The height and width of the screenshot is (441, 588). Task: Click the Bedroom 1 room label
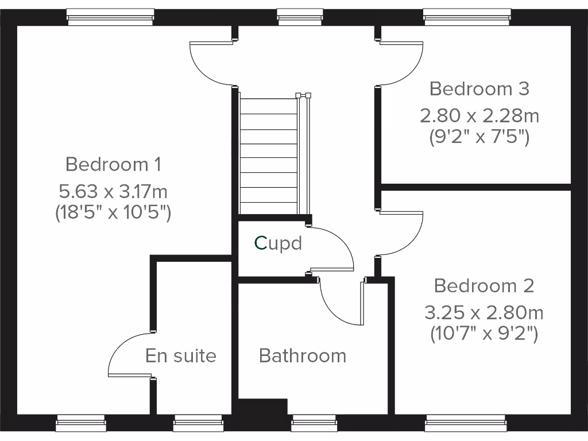coord(113,164)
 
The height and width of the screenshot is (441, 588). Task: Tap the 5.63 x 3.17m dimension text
coord(113,190)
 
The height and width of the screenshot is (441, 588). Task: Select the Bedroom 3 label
coord(479,89)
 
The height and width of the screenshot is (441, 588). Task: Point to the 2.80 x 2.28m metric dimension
coord(479,116)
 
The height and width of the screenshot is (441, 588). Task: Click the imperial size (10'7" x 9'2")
coord(483,334)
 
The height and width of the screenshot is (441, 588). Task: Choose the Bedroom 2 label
coord(483,285)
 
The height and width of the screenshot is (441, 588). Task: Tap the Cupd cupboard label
coord(278,243)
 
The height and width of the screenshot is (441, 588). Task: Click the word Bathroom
coord(303,356)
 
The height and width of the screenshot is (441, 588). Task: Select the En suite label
coord(180,356)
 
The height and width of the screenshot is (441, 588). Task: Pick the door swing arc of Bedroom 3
coord(405,63)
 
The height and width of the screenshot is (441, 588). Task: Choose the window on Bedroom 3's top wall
coord(467,17)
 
